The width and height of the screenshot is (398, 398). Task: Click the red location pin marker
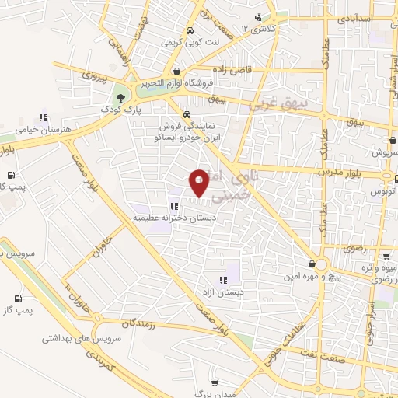[x=199, y=183]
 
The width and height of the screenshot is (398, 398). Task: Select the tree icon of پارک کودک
[x=120, y=98]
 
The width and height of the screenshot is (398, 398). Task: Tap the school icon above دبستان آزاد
[x=223, y=280]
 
